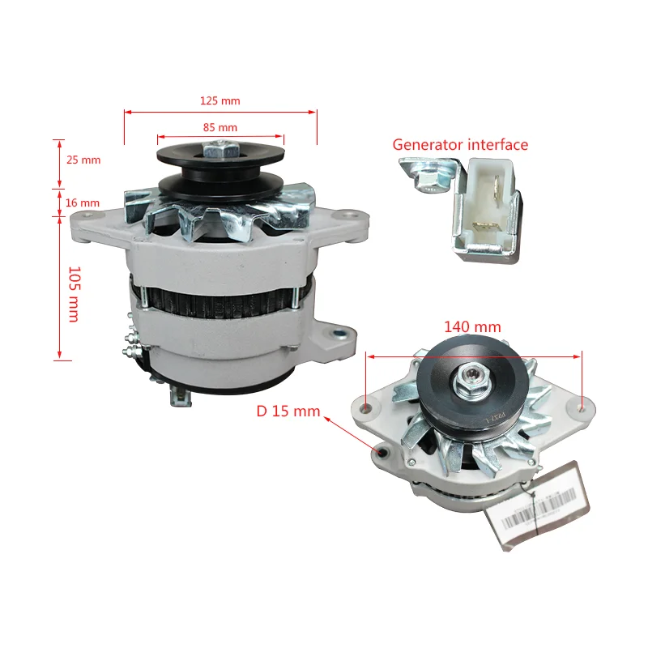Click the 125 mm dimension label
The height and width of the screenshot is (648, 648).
220,101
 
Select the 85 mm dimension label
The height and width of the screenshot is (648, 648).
220,127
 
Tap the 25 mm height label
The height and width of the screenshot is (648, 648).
83,160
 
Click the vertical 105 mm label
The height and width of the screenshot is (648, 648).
73,293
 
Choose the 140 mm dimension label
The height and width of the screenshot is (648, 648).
472,327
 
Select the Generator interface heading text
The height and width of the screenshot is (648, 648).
460,145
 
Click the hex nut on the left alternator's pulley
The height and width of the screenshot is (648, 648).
220,151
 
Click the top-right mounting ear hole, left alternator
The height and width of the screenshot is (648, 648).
350,215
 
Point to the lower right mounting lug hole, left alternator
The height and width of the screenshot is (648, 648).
341,332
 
